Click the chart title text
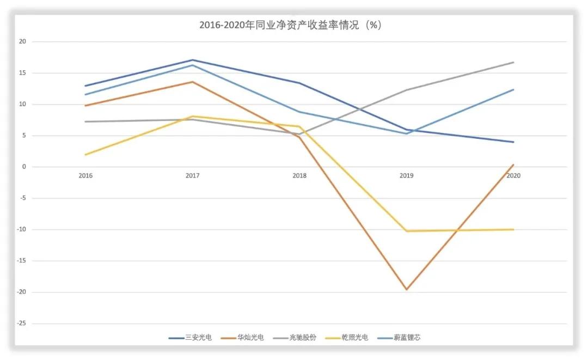coord(290,25)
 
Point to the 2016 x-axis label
coord(85,176)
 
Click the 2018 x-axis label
coord(299,176)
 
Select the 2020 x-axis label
coord(513,176)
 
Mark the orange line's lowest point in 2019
coord(406,289)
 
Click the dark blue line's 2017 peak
coord(192,60)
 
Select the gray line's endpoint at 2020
coord(513,62)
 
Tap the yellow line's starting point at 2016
coord(85,155)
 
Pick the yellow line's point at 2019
coord(406,231)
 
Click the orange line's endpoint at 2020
coord(513,164)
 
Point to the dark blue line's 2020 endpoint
coord(513,142)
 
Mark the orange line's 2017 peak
coord(192,82)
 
